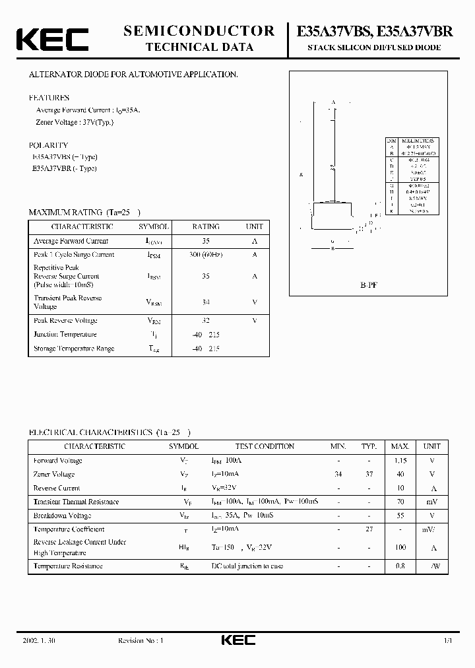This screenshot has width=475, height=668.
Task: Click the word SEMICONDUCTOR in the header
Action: click(x=199, y=30)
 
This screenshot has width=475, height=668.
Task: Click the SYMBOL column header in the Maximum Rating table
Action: click(x=154, y=226)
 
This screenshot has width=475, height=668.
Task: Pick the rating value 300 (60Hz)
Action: click(x=206, y=254)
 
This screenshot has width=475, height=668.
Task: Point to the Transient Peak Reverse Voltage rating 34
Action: click(x=206, y=302)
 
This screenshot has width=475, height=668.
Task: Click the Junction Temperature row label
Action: click(x=65, y=335)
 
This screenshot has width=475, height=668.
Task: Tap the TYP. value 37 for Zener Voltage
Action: click(x=369, y=474)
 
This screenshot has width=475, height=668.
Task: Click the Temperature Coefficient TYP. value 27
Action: click(x=369, y=529)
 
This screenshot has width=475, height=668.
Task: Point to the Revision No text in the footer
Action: click(x=140, y=640)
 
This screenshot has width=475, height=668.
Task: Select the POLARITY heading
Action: click(x=48, y=145)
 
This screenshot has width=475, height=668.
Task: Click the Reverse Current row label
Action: click(x=57, y=488)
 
